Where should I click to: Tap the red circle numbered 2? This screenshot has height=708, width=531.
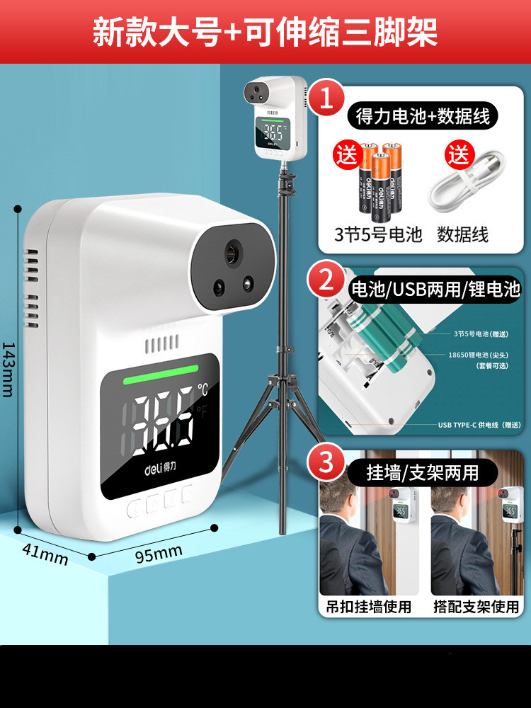click(x=326, y=281)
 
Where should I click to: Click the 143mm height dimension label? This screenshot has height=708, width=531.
click(x=8, y=368)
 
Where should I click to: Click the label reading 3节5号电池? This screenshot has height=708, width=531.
click(x=378, y=234)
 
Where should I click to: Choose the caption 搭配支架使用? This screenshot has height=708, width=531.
click(x=476, y=607)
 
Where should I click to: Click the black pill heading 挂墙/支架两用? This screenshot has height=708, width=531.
click(x=423, y=472)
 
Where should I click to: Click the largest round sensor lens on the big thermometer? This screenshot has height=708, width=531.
click(x=232, y=253)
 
